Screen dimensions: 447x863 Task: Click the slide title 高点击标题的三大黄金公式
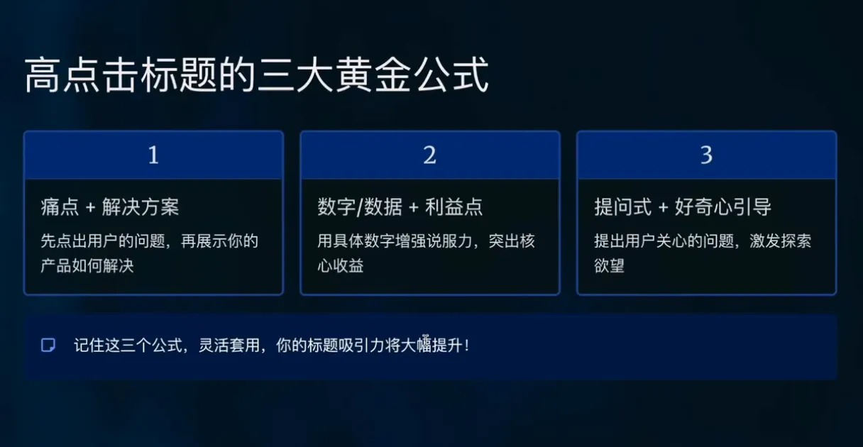(x=256, y=76)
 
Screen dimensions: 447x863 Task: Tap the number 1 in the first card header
(x=153, y=155)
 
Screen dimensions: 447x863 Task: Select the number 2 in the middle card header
(x=429, y=155)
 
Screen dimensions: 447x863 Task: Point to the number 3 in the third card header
(x=706, y=155)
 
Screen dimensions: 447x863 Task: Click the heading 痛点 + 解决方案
(x=110, y=207)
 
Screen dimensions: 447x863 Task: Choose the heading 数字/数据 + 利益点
(x=400, y=207)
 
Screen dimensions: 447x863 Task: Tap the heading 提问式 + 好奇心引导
(x=683, y=207)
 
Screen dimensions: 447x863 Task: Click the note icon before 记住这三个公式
(x=48, y=346)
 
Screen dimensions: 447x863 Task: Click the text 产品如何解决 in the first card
(x=87, y=267)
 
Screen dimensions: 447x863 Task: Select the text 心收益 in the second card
(x=341, y=267)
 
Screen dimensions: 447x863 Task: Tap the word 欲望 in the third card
(x=609, y=267)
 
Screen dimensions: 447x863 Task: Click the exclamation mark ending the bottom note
(x=466, y=346)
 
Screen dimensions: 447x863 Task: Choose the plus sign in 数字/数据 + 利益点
(x=414, y=208)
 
